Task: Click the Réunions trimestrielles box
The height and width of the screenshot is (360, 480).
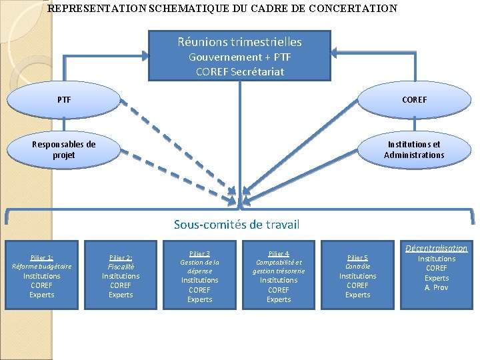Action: tap(239, 55)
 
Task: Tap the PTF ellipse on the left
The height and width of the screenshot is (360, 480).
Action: tap(64, 100)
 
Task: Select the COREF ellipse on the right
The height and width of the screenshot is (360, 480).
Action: tap(414, 100)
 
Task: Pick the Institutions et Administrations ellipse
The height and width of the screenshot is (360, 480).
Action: tap(414, 149)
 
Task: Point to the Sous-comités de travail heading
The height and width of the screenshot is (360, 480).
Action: tap(237, 225)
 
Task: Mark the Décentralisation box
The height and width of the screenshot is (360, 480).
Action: tap(437, 273)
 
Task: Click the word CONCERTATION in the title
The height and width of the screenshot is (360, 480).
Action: tap(357, 9)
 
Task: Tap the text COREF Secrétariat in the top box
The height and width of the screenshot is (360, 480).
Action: tap(240, 71)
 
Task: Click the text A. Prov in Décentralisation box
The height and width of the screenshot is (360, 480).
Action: tap(437, 288)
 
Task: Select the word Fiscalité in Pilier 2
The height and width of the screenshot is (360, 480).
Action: tap(121, 267)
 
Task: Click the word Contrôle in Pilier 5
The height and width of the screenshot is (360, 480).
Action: tap(357, 267)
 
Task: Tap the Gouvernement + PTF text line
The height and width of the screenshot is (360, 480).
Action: tap(240, 57)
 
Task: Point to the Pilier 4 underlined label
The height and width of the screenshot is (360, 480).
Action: tap(279, 253)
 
